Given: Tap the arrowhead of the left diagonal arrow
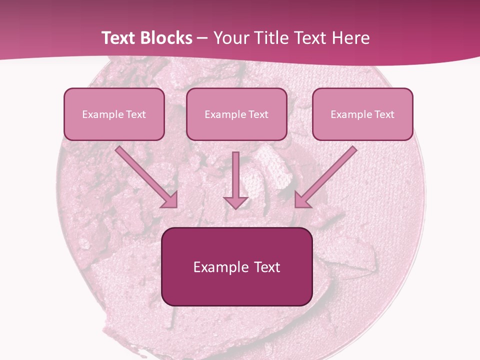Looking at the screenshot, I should point(170,200).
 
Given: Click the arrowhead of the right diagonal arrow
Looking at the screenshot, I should point(302,200).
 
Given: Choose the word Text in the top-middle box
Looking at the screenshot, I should point(258,114).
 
